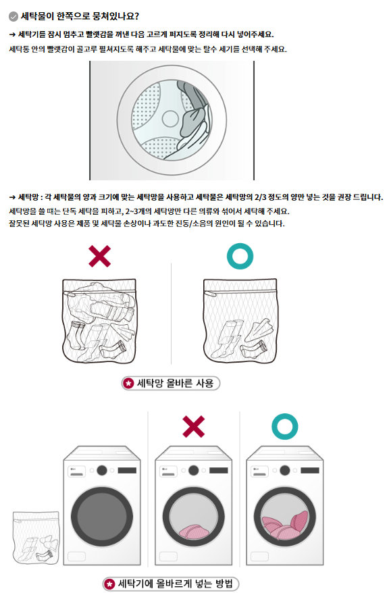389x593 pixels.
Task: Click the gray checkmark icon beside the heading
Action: [x=14, y=16]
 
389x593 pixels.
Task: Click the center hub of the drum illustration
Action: [x=170, y=119]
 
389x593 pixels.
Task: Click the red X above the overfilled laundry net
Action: [x=100, y=256]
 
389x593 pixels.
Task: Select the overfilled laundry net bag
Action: [x=99, y=321]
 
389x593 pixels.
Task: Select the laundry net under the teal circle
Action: [x=240, y=321]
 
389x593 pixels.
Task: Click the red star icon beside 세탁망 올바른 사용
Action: [x=129, y=383]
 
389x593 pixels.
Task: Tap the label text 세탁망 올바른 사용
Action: [x=175, y=383]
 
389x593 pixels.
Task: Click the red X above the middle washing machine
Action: [x=194, y=427]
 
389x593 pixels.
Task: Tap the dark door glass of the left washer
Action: [x=102, y=517]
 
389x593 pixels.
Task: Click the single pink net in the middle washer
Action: [x=194, y=532]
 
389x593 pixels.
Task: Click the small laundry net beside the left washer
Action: [x=36, y=538]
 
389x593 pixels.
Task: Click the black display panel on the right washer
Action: [x=310, y=471]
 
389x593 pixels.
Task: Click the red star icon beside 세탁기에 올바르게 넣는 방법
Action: [x=110, y=584]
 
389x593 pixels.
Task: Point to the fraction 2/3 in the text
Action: [x=260, y=197]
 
